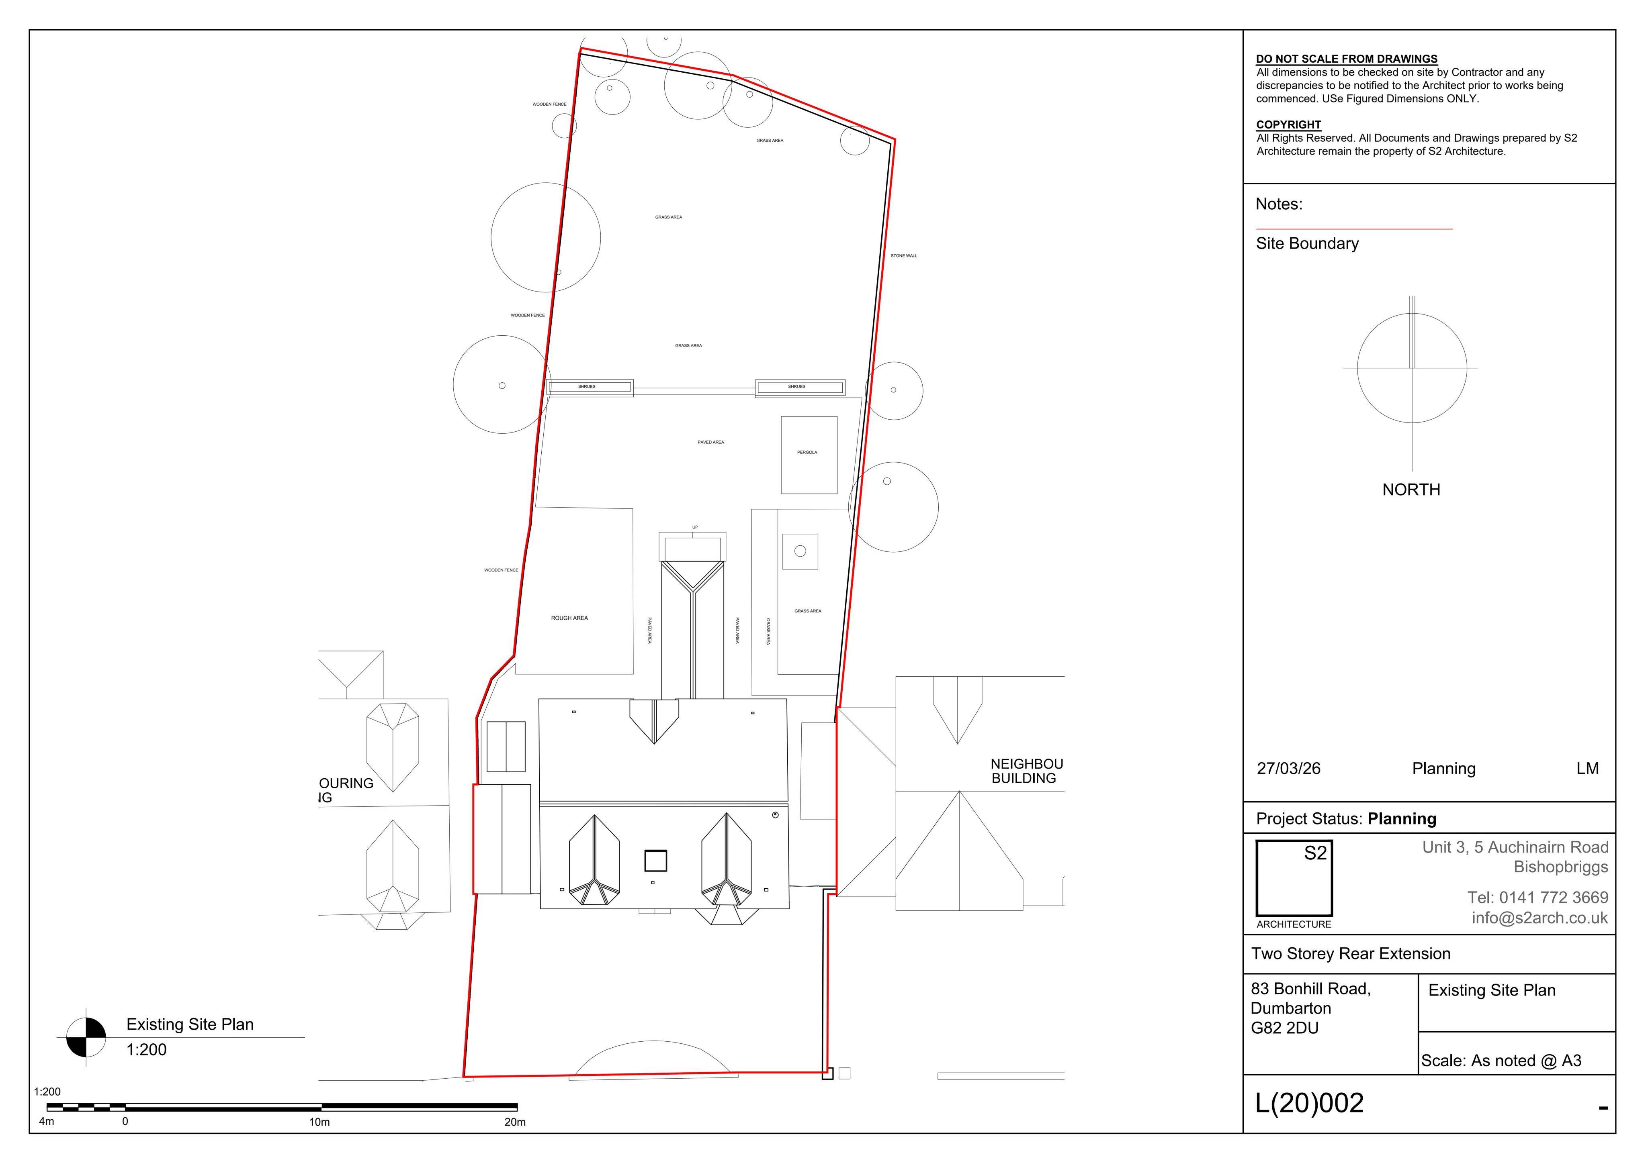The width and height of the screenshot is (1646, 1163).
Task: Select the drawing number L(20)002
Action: (x=1309, y=1103)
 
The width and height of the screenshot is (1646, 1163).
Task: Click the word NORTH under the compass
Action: (x=1411, y=490)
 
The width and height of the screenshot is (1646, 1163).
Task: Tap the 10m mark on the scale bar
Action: (x=320, y=1122)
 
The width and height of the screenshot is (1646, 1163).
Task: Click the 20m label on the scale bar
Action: (x=515, y=1122)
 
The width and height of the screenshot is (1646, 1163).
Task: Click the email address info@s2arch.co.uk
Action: (x=1540, y=918)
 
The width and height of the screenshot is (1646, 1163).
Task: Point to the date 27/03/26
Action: (x=1288, y=768)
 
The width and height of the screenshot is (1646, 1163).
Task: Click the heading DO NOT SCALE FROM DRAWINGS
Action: (x=1346, y=59)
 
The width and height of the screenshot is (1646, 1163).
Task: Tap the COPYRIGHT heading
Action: (x=1288, y=124)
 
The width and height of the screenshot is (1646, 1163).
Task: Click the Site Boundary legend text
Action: (x=1307, y=244)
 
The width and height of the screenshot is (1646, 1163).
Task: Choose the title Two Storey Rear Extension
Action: (x=1351, y=954)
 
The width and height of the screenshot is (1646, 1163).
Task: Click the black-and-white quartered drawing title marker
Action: (x=86, y=1037)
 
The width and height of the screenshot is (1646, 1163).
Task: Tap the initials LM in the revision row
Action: (x=1587, y=768)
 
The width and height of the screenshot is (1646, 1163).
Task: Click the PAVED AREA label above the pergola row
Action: (x=710, y=442)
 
